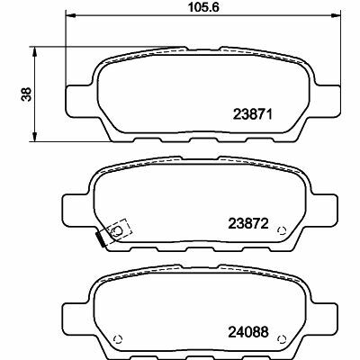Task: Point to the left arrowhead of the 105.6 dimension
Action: [x=73, y=18]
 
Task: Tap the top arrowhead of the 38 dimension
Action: [x=36, y=51]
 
